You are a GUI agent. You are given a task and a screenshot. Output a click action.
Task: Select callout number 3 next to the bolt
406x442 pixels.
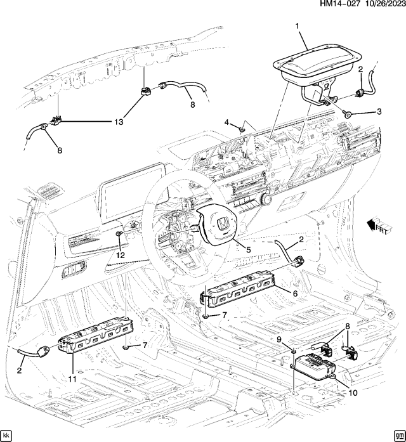[x=379, y=112]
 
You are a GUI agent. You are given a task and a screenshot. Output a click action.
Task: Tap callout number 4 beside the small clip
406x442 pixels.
[x=226, y=122]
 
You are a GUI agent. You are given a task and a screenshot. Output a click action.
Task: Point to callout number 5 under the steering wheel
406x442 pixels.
[x=249, y=250]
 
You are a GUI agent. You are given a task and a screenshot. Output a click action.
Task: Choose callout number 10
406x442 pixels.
[x=352, y=393]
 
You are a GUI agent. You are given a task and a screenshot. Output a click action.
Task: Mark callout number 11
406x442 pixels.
[x=72, y=379]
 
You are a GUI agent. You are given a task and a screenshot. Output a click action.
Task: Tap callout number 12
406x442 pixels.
[x=121, y=255]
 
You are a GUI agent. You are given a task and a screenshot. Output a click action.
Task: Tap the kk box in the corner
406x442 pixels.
[x=7, y=435]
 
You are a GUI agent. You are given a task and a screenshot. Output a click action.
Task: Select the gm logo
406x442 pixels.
[x=398, y=435]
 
